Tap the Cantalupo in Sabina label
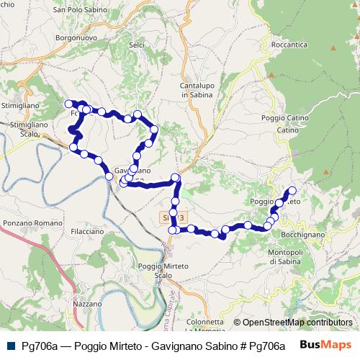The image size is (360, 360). click(194, 89)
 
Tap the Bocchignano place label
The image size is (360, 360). click(302, 235)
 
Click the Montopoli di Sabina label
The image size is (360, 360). click(288, 257)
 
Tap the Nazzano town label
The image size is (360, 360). click(88, 305)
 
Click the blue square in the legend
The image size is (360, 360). click(11, 346)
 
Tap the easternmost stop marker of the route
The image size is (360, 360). click(292, 191)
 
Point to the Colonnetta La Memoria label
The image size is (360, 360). click(204, 326)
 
